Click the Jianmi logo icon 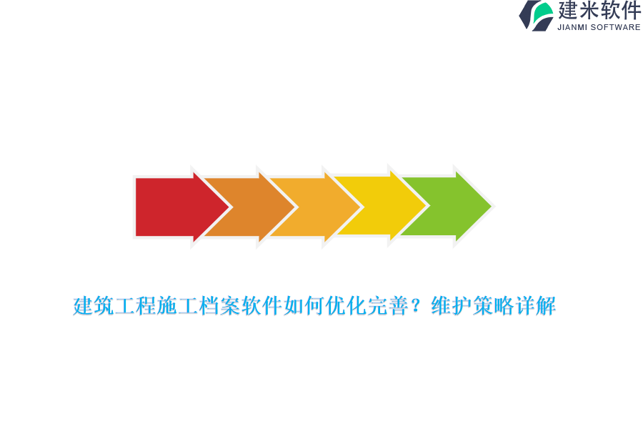click(537, 15)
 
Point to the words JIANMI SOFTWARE click(599, 27)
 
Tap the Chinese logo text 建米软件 click(599, 11)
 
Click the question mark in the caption click(419, 307)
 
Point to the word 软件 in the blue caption click(262, 307)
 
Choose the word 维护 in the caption click(452, 307)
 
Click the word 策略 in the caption click(493, 307)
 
